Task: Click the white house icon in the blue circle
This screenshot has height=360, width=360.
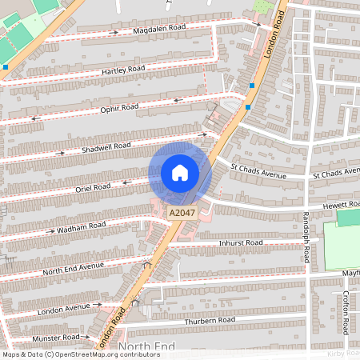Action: (180, 173)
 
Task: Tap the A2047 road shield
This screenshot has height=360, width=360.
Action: (182, 213)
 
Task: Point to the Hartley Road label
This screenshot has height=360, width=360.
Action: (123, 70)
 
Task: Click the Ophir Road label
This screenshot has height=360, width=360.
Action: (119, 107)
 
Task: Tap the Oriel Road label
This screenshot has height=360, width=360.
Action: (92, 187)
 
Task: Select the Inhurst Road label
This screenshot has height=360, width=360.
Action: (242, 242)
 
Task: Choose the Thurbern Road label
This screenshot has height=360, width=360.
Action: (210, 320)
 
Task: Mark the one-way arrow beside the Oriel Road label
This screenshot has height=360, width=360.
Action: (125, 182)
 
